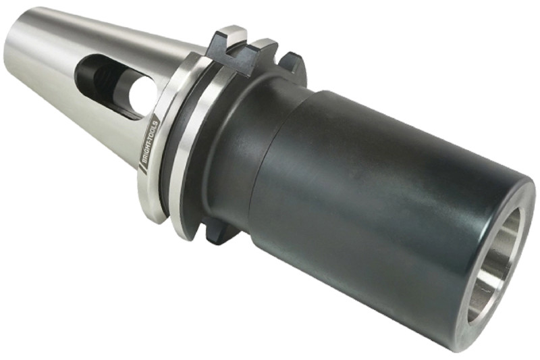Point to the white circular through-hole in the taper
click(140, 97)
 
